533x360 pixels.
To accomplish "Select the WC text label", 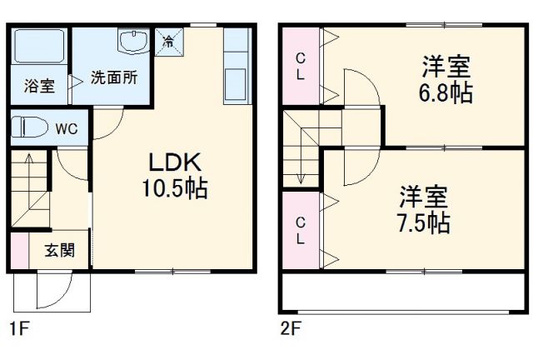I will pyautogui.click(x=67, y=129).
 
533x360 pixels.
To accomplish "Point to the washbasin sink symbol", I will pyautogui.click(x=134, y=41).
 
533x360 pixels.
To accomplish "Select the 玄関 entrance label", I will pyautogui.click(x=58, y=250).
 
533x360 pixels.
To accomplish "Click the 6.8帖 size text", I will pyautogui.click(x=446, y=92).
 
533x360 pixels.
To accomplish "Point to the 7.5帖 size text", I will pyautogui.click(x=423, y=222).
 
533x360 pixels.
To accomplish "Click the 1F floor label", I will pyautogui.click(x=19, y=328).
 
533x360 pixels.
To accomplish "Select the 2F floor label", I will pyautogui.click(x=290, y=328).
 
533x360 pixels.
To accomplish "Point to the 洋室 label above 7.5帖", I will pyautogui.click(x=423, y=197).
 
